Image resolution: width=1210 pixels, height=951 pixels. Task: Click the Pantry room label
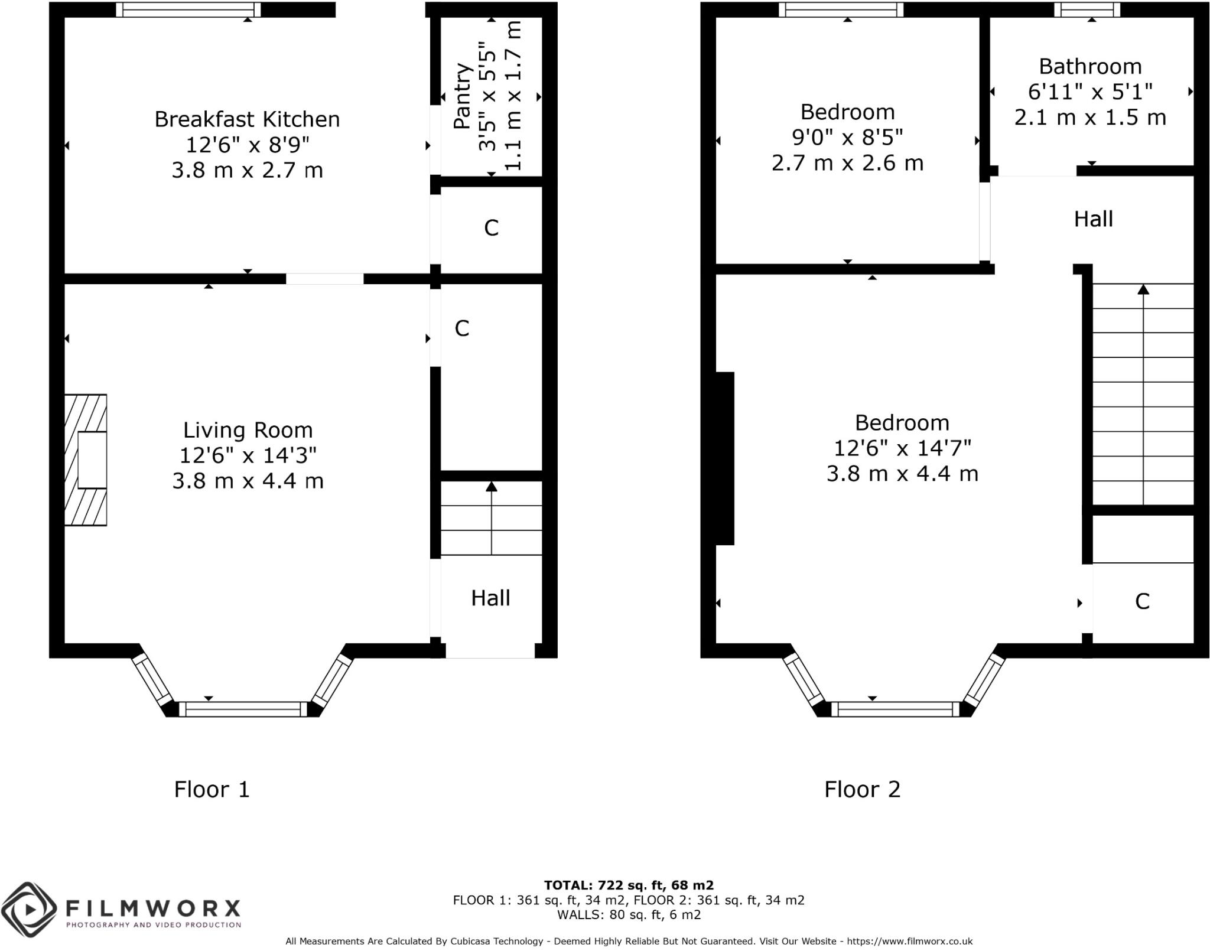(x=463, y=96)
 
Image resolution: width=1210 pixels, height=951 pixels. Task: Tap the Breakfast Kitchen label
(x=247, y=119)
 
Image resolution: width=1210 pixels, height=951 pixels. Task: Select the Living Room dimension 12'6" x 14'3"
(x=248, y=455)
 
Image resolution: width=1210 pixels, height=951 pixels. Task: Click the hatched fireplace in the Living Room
(x=86, y=460)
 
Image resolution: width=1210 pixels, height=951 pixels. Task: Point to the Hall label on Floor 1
(x=490, y=598)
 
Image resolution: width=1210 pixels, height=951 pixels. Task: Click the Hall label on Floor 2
(x=1093, y=219)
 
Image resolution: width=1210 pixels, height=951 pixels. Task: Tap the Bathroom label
(x=1090, y=67)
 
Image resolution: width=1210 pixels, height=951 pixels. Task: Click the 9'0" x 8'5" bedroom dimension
(x=847, y=138)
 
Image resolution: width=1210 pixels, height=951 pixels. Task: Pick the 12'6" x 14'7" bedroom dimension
(x=902, y=448)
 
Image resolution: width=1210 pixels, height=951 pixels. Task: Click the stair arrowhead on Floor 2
(x=1143, y=289)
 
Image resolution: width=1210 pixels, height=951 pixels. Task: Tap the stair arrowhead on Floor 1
(x=491, y=487)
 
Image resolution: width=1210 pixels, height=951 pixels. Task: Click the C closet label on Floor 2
(x=1142, y=602)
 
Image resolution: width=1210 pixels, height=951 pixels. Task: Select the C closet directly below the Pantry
(x=491, y=228)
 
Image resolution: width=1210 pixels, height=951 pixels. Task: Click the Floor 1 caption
(x=212, y=790)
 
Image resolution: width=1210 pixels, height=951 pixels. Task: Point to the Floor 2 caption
(x=862, y=790)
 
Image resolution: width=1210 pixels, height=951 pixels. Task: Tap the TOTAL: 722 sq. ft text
(x=628, y=885)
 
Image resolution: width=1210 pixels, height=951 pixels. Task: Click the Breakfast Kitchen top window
(x=188, y=9)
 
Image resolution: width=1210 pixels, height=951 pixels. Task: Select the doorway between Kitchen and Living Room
(x=324, y=279)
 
